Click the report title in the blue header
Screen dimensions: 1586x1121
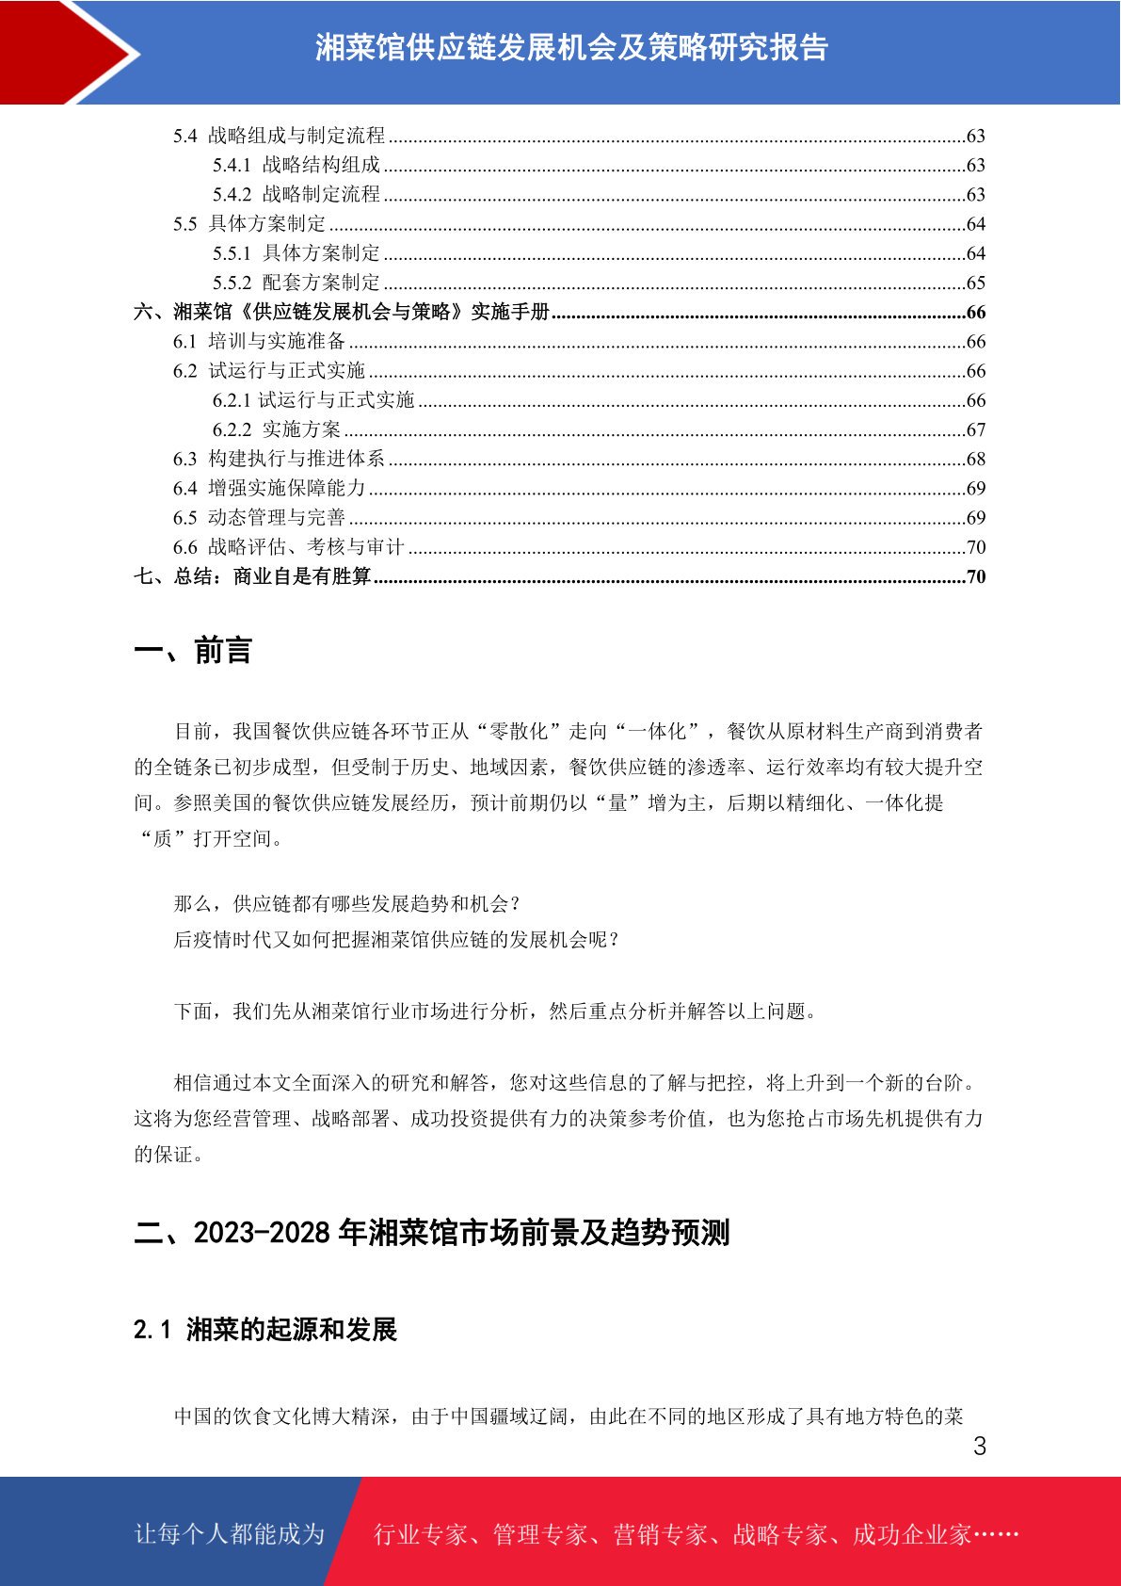pyautogui.click(x=571, y=48)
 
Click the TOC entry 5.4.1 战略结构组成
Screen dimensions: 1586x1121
pyautogui.click(x=296, y=165)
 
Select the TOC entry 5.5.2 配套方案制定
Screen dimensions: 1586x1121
pyautogui.click(x=296, y=283)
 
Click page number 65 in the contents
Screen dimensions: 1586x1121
pyautogui.click(x=976, y=283)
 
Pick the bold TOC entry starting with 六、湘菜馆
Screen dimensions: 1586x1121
pyautogui.click(x=342, y=312)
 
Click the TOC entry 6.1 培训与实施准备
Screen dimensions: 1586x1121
pyautogui.click(x=259, y=341)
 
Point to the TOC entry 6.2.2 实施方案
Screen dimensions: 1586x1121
pyautogui.click(x=277, y=429)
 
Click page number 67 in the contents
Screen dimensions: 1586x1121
pyautogui.click(x=976, y=429)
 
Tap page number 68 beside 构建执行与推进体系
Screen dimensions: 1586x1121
pyautogui.click(x=976, y=459)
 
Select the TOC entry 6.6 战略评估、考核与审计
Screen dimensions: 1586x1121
pyautogui.click(x=288, y=547)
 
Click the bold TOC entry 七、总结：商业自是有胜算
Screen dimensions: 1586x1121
pyautogui.click(x=252, y=576)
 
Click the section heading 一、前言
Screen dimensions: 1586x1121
pyautogui.click(x=193, y=651)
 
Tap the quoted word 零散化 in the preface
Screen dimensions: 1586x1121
pyautogui.click(x=520, y=731)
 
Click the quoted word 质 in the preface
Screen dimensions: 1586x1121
pyautogui.click(x=163, y=838)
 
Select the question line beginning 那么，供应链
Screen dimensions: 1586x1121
pyautogui.click(x=347, y=904)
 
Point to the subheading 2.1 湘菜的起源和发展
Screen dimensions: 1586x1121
pyautogui.click(x=265, y=1330)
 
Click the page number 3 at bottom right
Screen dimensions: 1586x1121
pyautogui.click(x=980, y=1447)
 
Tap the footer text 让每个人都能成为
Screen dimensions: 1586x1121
pyautogui.click(x=230, y=1534)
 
